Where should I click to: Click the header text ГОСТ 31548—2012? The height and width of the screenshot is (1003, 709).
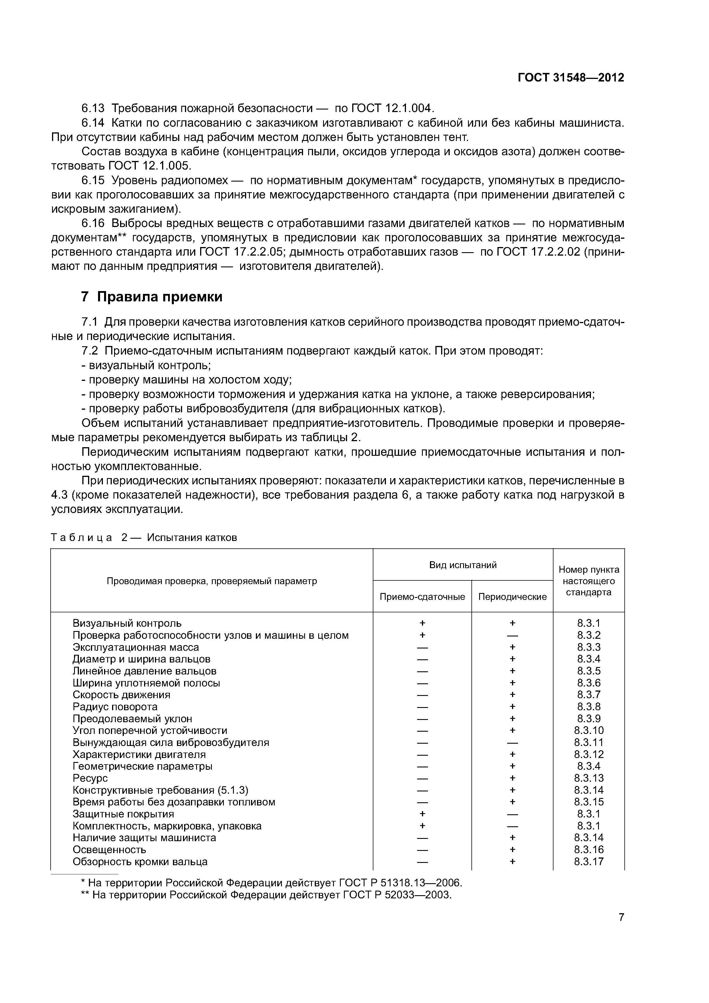(x=571, y=78)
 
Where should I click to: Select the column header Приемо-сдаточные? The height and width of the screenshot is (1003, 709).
(x=422, y=597)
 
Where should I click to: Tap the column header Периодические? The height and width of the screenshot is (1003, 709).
(x=512, y=597)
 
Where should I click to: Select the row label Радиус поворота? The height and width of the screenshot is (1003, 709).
(x=115, y=707)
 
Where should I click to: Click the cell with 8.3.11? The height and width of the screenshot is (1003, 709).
(x=588, y=743)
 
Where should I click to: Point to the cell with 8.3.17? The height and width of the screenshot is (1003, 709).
(x=588, y=862)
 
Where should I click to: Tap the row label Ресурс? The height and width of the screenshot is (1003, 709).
(x=90, y=779)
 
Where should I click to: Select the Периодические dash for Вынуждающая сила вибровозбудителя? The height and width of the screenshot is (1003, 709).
(x=512, y=743)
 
